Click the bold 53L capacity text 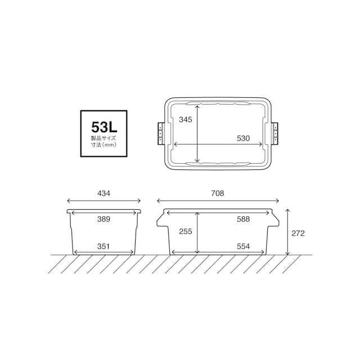tap(104, 127)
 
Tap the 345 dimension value tap(186, 120)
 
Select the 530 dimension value tap(244, 138)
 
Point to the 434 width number tap(103, 193)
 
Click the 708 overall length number tap(218, 193)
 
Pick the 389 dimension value tap(103, 219)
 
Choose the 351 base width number tap(103, 246)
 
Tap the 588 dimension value tap(244, 219)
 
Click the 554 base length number tap(244, 246)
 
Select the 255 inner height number tap(186, 231)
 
